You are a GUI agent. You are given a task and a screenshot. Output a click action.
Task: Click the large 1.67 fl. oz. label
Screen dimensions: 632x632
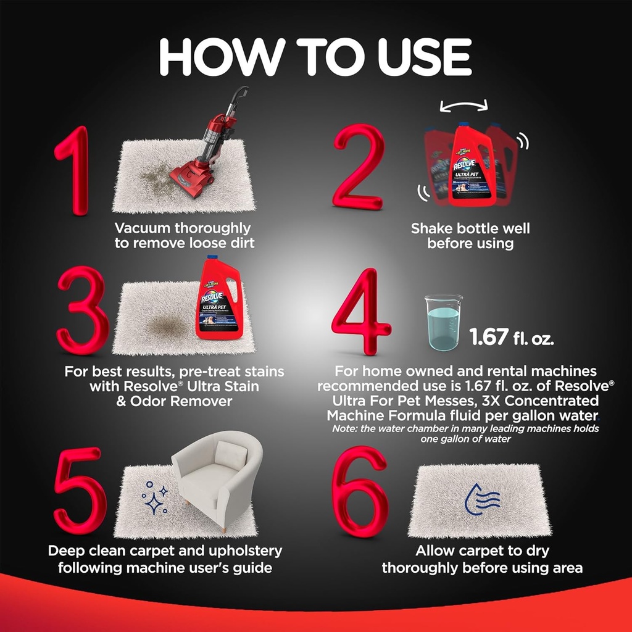click(x=512, y=337)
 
